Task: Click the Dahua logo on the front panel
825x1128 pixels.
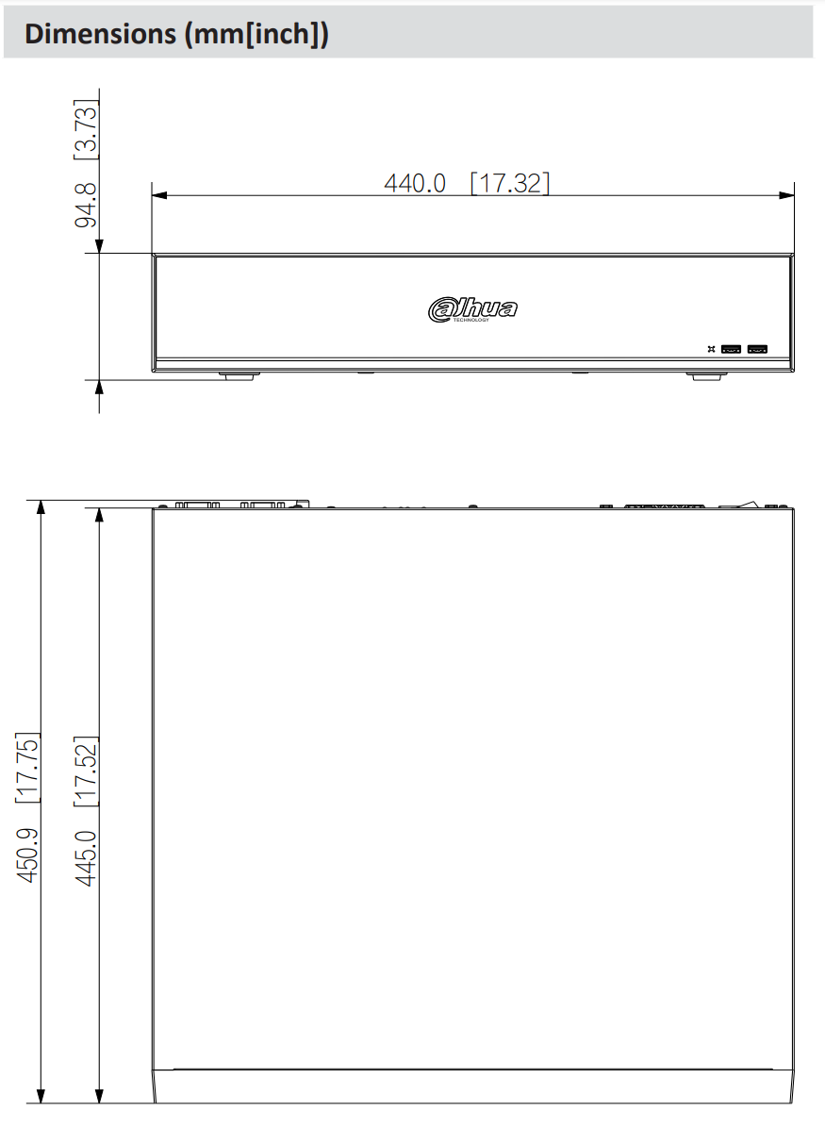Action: click(x=472, y=309)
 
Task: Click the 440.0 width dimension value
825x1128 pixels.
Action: click(x=415, y=183)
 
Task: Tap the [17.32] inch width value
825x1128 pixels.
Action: click(x=509, y=183)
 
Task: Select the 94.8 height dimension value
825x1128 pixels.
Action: click(x=87, y=207)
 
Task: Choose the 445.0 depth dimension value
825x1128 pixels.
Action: click(x=88, y=856)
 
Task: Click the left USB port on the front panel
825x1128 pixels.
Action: click(x=731, y=349)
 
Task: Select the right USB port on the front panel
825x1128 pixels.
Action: click(x=756, y=349)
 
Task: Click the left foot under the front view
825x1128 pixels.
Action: click(x=239, y=375)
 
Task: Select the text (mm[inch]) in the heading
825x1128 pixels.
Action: click(x=256, y=34)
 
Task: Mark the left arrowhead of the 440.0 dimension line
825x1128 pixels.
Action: click(x=158, y=196)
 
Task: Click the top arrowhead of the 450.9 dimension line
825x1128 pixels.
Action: click(x=41, y=507)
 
